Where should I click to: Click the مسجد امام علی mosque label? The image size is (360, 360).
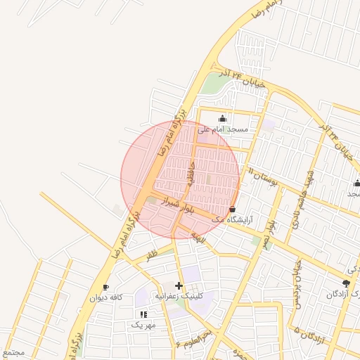click(224, 129)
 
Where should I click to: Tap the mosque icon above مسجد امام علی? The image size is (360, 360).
click(224, 118)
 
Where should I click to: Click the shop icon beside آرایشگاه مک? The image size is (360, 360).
click(233, 209)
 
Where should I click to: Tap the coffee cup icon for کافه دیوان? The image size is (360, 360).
click(105, 287)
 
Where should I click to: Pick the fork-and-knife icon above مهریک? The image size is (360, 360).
click(144, 314)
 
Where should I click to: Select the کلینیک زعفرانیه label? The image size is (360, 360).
click(179, 296)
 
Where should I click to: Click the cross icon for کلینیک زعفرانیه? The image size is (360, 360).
click(179, 285)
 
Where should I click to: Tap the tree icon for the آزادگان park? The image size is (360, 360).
click(345, 283)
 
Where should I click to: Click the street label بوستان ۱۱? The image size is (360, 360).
click(264, 176)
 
